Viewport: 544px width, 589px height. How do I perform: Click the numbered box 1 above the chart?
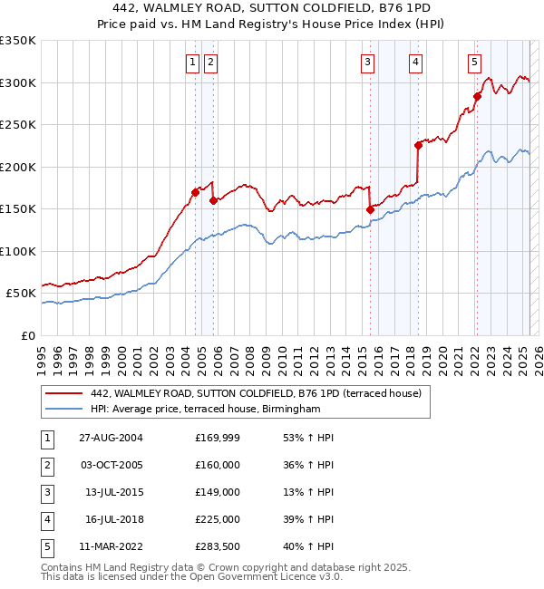point(193,63)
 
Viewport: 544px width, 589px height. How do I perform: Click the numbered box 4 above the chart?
point(414,63)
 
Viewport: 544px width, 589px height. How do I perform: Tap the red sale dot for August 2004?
point(195,192)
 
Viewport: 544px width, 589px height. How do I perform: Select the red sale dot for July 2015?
point(370,209)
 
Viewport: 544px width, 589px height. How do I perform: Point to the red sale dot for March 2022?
point(477,96)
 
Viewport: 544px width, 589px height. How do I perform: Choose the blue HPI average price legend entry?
point(206,410)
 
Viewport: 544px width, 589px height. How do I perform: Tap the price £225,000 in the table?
point(218,519)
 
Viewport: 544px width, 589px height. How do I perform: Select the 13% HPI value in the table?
point(309,492)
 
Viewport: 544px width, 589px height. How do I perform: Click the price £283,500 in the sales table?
point(218,546)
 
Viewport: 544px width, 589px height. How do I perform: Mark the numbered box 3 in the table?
point(45,492)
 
